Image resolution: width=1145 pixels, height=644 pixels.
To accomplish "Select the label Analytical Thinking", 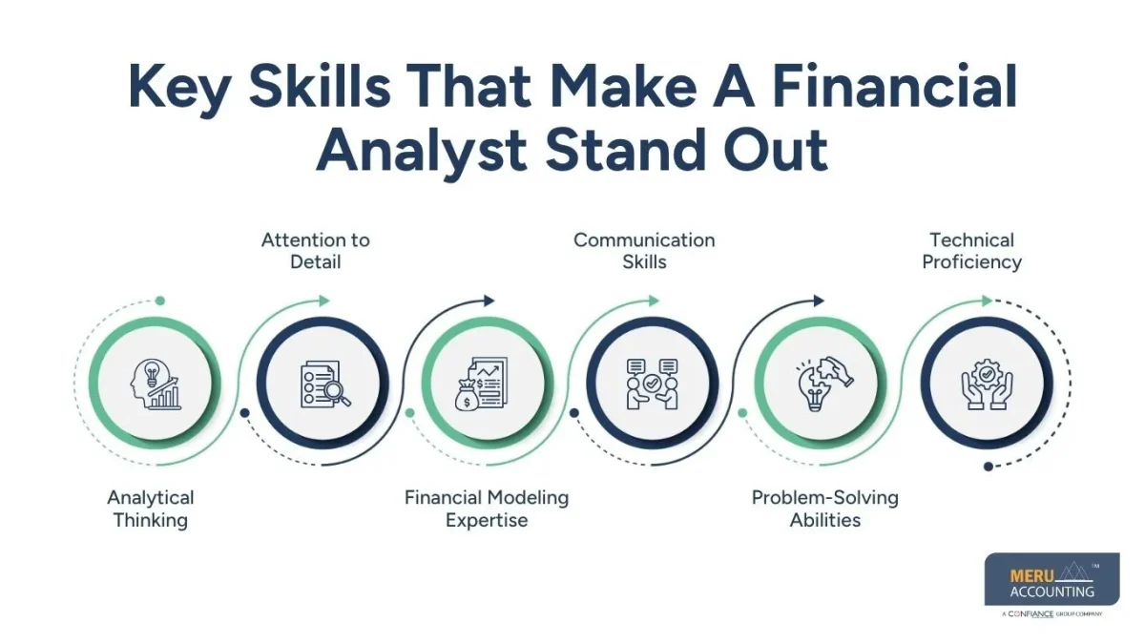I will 151,509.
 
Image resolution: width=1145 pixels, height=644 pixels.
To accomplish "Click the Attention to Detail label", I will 316,250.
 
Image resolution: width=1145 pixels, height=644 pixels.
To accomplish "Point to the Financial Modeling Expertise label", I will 487,509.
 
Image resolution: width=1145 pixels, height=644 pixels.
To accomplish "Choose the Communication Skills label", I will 644,250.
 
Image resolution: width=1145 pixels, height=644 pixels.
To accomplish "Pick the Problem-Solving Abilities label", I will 825,509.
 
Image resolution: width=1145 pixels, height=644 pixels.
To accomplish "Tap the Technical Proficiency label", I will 971,250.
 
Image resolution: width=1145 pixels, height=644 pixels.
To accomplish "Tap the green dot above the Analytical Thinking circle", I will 160,301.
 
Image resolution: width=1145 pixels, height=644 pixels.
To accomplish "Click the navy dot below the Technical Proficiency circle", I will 989,467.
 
